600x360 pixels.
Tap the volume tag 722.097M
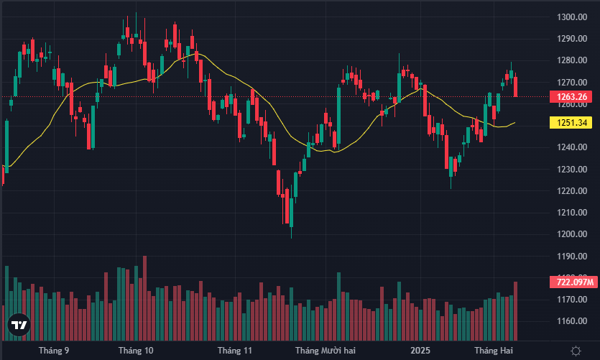571,281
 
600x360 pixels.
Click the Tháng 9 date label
54,351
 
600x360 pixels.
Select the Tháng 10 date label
136,351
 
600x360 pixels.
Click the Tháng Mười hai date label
326,351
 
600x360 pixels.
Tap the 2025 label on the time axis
420,351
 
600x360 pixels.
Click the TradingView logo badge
19,326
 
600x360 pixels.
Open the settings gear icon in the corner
576,351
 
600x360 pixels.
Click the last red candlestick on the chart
515,86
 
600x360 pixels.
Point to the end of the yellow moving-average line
514,123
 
